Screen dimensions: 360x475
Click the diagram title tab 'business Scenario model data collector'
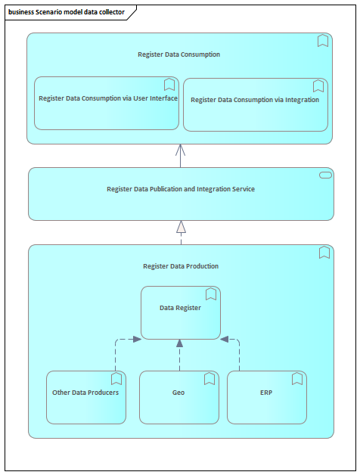pyautogui.click(x=67, y=12)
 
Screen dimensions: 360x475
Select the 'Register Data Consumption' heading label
pyautogui.click(x=178, y=54)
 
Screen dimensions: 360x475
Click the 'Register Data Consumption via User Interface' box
pyautogui.click(x=107, y=104)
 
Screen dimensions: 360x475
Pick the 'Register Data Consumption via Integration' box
pyautogui.click(x=256, y=105)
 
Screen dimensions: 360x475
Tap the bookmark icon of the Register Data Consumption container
pyautogui.click(x=323, y=41)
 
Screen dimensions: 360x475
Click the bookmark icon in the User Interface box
pyautogui.click(x=169, y=85)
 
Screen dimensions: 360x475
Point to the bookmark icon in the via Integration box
pyautogui.click(x=318, y=86)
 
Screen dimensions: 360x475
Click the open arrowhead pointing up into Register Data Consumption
pyautogui.click(x=180, y=150)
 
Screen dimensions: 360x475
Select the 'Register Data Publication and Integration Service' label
pyautogui.click(x=181, y=189)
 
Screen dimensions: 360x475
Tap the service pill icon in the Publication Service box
pyautogui.click(x=325, y=175)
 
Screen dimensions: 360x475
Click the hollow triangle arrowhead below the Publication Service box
pyautogui.click(x=181, y=227)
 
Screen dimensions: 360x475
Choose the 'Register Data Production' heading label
pyautogui.click(x=181, y=266)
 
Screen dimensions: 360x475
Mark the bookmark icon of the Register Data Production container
pyautogui.click(x=324, y=253)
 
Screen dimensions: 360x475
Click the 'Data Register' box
pyautogui.click(x=181, y=312)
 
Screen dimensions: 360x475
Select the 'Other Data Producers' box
pyautogui.click(x=86, y=397)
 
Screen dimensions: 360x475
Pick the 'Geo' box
pyautogui.click(x=179, y=397)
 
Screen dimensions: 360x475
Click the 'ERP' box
pyautogui.click(x=267, y=397)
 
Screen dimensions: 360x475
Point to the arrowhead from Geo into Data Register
pyautogui.click(x=180, y=343)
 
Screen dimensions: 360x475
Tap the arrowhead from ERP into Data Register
pyautogui.click(x=224, y=340)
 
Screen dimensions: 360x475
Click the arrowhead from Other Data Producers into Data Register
pyautogui.click(x=138, y=340)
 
